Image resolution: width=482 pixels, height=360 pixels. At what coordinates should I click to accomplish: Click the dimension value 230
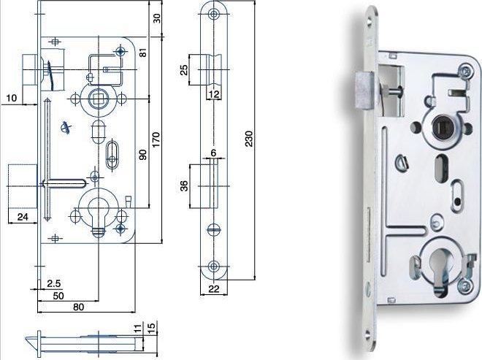coord(249,139)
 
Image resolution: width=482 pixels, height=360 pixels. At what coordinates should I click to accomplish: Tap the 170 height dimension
coord(156,139)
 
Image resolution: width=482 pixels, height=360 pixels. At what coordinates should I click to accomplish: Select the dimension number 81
coord(143,53)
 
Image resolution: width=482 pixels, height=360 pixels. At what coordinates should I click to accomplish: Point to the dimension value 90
coord(143,154)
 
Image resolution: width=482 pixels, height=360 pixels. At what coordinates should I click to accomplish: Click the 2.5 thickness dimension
coord(54,283)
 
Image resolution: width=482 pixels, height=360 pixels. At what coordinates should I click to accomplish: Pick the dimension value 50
coord(58,296)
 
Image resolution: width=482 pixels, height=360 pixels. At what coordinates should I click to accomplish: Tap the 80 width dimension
coord(78,307)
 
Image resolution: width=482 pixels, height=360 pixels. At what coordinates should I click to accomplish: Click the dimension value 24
coord(23,217)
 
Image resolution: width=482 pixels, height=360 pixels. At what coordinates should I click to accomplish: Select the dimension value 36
coord(184,185)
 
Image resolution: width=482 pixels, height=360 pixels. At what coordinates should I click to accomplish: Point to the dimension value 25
coord(183,70)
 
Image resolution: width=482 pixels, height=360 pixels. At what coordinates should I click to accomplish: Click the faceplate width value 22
coord(214,288)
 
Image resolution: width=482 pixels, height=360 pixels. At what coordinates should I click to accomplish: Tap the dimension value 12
coord(214,94)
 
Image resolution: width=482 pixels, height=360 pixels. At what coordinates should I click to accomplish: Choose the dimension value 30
coord(157,18)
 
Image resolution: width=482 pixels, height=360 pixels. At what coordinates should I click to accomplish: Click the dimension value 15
coord(152,326)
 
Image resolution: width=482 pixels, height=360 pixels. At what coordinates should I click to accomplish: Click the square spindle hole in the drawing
coord(99,99)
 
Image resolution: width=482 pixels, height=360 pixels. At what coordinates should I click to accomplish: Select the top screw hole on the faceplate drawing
coord(214,14)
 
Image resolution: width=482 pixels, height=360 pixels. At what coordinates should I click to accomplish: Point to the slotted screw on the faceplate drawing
coord(214,229)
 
